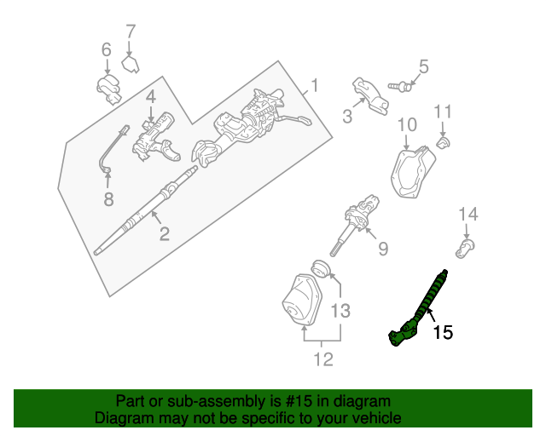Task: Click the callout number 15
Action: [442, 332]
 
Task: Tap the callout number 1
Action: [314, 86]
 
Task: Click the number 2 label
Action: [164, 232]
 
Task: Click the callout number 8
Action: [108, 200]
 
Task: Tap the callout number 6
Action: [107, 50]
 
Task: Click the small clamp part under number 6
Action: [109, 87]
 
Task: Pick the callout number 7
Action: [131, 32]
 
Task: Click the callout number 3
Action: [348, 117]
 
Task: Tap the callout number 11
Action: [443, 112]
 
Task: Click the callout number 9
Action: [382, 248]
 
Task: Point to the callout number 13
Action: [340, 311]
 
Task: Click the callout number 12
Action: [322, 360]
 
